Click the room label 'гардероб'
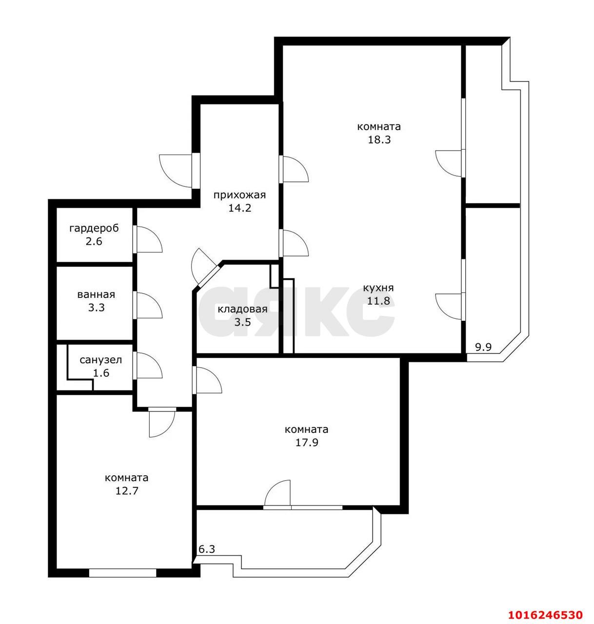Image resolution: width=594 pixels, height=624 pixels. (x=94, y=229)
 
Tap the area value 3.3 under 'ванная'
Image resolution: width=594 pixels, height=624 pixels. (x=96, y=308)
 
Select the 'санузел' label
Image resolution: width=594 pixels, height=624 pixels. (x=100, y=360)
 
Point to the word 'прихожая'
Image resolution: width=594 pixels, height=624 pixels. (x=239, y=195)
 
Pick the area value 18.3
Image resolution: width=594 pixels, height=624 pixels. (x=379, y=139)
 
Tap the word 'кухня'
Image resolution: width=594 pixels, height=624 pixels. (x=378, y=288)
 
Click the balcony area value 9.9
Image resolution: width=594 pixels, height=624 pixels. (x=483, y=347)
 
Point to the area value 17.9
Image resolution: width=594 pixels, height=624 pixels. (x=307, y=443)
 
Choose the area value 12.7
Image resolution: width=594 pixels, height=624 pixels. (x=127, y=491)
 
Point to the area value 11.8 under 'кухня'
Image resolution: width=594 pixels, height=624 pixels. (x=378, y=301)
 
